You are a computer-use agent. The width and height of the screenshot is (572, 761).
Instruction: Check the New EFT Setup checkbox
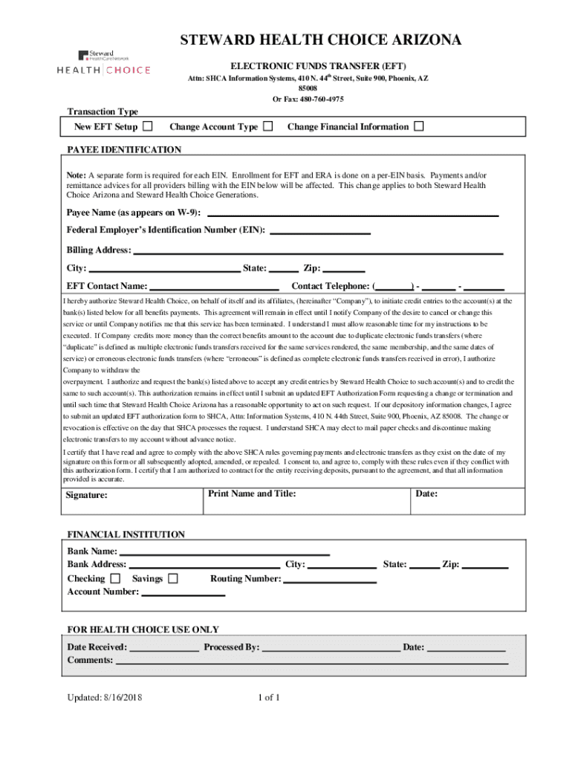[148, 126]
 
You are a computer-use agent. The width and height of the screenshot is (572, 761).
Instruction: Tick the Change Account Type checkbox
[268, 126]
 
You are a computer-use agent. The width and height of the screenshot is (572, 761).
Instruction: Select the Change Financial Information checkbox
[419, 126]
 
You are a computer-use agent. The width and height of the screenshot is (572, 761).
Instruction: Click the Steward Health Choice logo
[104, 62]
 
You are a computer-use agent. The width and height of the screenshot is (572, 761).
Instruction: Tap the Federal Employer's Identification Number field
[320, 231]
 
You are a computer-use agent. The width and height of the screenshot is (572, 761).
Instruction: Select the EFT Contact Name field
[214, 287]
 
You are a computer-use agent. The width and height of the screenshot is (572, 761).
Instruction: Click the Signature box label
[86, 495]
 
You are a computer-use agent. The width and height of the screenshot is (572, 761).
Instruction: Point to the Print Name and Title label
[252, 493]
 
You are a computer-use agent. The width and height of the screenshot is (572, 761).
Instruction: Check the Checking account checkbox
[115, 578]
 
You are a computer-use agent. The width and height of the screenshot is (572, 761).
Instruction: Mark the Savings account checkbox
[173, 578]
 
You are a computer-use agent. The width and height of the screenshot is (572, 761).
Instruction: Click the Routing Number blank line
[330, 580]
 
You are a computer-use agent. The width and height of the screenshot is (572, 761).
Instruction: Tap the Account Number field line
[183, 593]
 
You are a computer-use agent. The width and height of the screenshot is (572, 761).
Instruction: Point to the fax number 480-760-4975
[317, 99]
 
